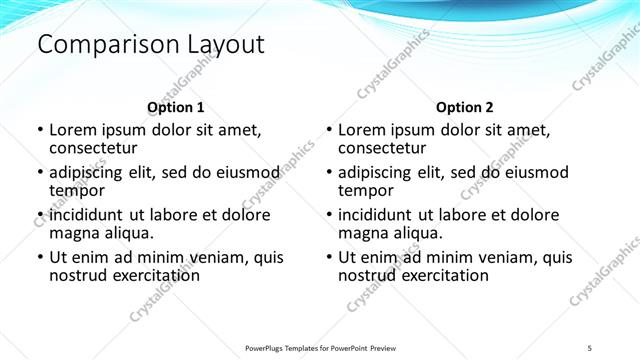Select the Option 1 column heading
click(176, 107)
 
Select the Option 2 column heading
click(465, 107)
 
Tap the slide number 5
click(590, 347)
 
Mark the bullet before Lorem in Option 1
click(40, 130)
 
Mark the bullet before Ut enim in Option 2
click(329, 257)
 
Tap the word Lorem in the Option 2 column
click(362, 130)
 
